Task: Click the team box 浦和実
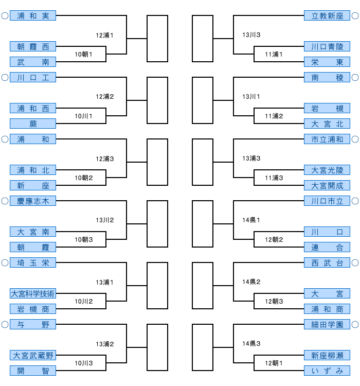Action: (33, 16)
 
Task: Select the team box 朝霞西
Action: (33, 47)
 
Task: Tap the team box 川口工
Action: (33, 78)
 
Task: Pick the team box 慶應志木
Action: (33, 201)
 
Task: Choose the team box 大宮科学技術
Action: (33, 294)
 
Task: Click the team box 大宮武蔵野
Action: (33, 356)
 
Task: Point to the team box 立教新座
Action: (327, 16)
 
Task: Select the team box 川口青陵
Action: (327, 47)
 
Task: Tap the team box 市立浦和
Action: (327, 139)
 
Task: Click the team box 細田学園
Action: (327, 325)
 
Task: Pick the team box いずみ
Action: (327, 371)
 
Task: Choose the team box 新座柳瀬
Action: (327, 356)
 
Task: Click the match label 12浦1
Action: (104, 36)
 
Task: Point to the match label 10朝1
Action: (83, 55)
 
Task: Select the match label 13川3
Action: (251, 36)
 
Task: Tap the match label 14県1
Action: (251, 220)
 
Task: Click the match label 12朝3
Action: (274, 302)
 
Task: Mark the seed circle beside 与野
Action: (5, 325)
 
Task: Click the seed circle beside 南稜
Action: (355, 78)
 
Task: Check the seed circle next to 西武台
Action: (355, 263)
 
